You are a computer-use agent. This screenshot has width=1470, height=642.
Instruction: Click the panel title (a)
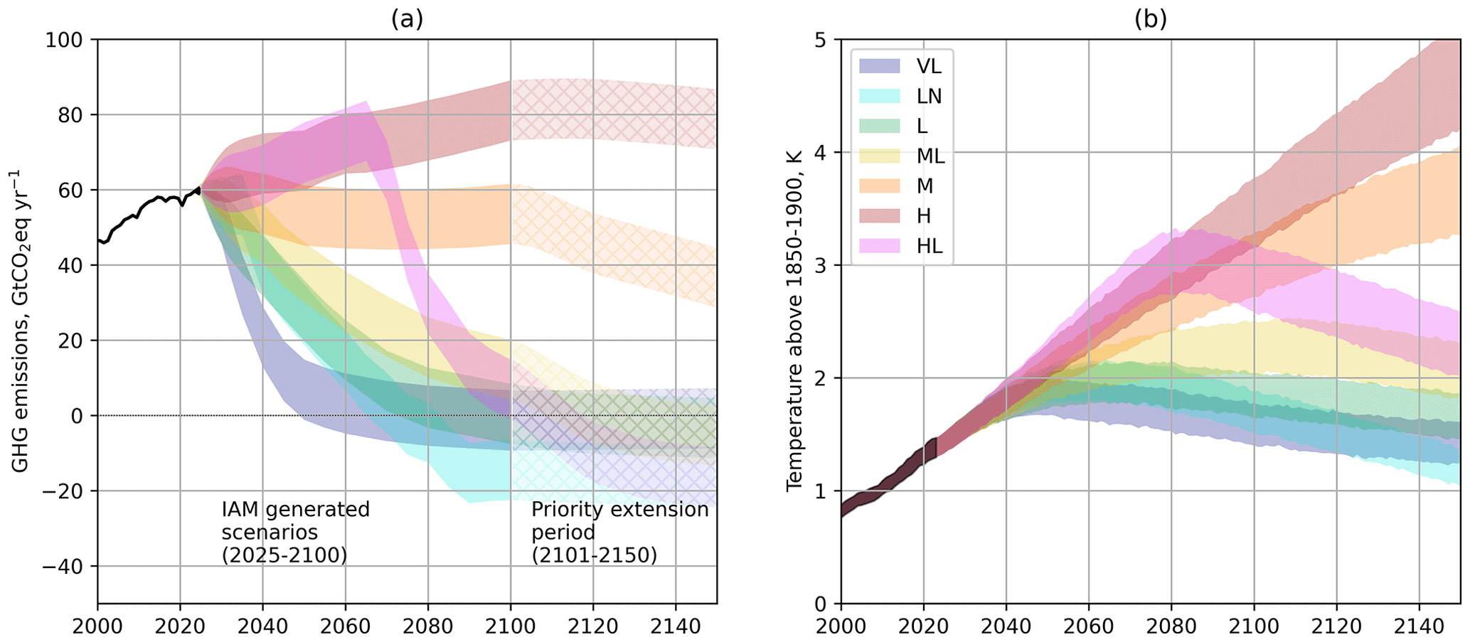[407, 19]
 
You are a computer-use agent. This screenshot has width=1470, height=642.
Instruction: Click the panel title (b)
[1151, 19]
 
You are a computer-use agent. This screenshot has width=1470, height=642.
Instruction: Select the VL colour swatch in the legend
[880, 66]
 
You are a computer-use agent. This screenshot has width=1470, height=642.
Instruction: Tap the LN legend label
[929, 96]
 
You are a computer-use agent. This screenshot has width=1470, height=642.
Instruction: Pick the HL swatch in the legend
[880, 246]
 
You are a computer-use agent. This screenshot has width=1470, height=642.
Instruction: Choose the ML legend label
[930, 156]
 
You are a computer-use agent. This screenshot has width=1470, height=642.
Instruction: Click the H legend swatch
[880, 215]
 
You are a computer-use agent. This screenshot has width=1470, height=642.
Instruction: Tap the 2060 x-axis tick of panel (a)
[345, 626]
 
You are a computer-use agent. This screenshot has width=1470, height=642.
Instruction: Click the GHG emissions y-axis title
[20, 321]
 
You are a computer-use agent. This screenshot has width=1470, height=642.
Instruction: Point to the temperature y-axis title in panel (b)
[794, 321]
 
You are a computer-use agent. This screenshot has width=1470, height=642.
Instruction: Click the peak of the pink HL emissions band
[366, 104]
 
